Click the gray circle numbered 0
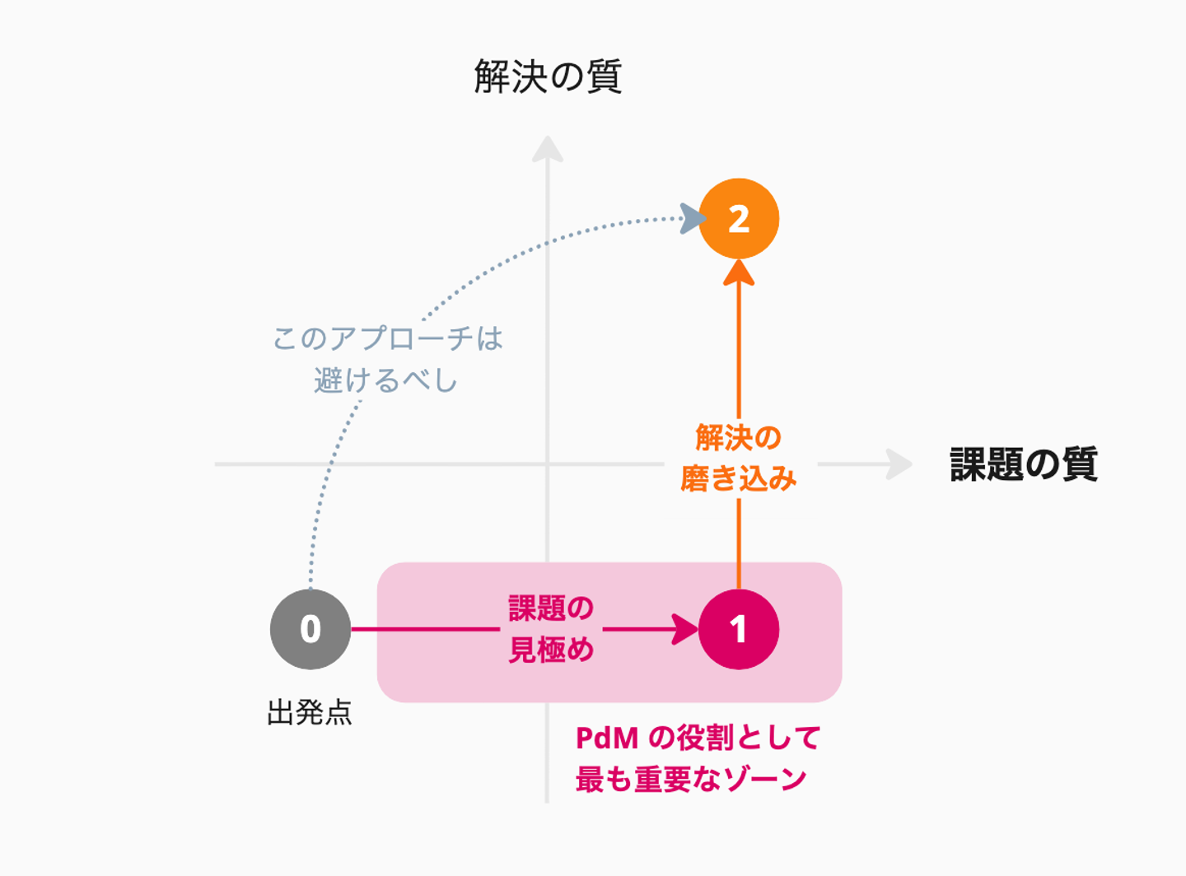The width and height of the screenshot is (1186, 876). (311, 629)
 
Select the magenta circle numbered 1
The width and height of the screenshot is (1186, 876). (738, 629)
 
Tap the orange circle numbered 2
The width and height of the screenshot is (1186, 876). (738, 219)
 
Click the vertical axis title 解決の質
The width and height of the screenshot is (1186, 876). (548, 77)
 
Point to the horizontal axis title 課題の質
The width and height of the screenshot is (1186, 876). (1023, 464)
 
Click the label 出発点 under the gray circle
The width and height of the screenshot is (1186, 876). (310, 712)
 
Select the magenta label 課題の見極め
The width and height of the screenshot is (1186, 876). (551, 629)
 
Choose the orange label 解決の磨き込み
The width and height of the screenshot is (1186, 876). (738, 459)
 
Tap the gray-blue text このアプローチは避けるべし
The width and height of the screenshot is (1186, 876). (387, 360)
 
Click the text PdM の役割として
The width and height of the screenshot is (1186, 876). (698, 738)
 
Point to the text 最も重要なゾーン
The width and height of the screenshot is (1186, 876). (690, 779)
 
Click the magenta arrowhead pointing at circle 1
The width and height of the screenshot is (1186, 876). (686, 629)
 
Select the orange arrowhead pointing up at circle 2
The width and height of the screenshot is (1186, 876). (739, 273)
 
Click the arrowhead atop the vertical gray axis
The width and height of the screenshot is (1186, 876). (547, 150)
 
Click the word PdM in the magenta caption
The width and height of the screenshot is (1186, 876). (607, 738)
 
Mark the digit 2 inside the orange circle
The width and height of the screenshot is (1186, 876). (739, 219)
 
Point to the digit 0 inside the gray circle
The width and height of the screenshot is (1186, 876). (311, 630)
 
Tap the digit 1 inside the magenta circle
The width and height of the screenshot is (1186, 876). (738, 630)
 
